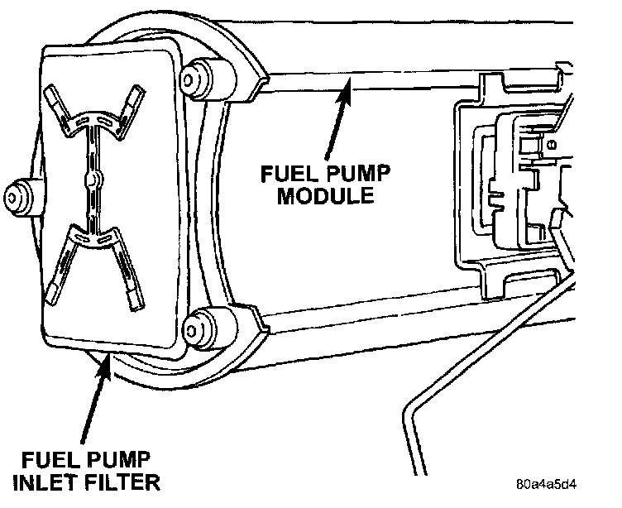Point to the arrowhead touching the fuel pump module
[350, 84]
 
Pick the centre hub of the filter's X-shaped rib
[96, 178]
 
